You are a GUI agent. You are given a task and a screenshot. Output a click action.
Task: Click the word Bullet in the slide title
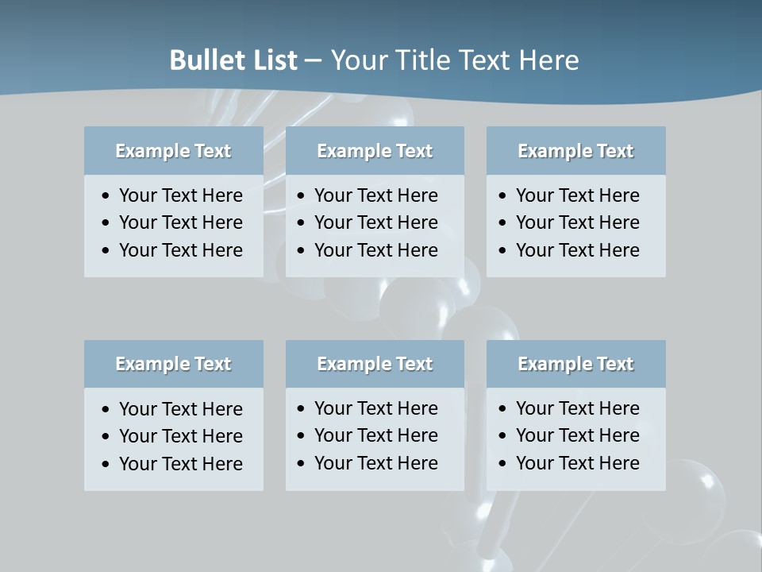[x=204, y=60]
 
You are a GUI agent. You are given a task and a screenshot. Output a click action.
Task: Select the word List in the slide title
[x=271, y=60]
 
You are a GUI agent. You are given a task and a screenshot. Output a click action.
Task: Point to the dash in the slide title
[x=313, y=60]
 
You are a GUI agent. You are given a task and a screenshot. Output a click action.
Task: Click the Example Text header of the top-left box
[x=173, y=151]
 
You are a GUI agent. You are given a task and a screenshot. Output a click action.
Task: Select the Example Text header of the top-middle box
[x=375, y=151]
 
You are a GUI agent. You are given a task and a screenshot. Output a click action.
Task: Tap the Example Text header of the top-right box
[x=575, y=151]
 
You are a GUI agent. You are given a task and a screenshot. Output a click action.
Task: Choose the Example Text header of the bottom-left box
[x=173, y=364]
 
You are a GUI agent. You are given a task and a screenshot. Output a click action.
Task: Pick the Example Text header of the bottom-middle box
[x=375, y=364]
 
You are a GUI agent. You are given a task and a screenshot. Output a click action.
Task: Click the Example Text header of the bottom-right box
[x=575, y=364]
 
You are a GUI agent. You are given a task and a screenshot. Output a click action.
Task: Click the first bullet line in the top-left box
[x=180, y=195]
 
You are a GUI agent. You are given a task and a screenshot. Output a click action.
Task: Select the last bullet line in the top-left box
[x=180, y=250]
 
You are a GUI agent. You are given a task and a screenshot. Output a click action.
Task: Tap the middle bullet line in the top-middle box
[x=375, y=222]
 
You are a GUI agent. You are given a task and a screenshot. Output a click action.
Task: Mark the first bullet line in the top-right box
[x=577, y=195]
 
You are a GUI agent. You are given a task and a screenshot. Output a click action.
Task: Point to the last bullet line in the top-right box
[x=577, y=250]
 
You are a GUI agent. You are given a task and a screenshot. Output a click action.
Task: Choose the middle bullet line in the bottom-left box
[x=180, y=436]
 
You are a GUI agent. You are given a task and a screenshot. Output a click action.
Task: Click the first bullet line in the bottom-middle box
[x=375, y=408]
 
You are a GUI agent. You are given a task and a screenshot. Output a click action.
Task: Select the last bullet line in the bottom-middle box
[x=375, y=463]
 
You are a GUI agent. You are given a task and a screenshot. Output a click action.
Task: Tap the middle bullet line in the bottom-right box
[x=577, y=435]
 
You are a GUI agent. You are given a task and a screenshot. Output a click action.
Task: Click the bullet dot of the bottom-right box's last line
[x=503, y=464]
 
